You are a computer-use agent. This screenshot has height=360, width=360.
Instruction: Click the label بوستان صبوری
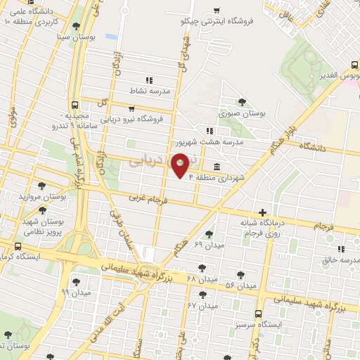(x=242, y=112)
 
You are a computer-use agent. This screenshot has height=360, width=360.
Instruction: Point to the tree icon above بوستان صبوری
(x=243, y=102)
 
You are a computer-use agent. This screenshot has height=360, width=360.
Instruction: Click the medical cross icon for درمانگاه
(x=262, y=212)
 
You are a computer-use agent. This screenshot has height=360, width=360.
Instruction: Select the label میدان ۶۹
(x=208, y=245)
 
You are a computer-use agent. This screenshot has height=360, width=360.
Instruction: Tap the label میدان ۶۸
(x=201, y=278)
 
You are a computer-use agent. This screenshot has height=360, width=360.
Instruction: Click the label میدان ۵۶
(x=240, y=285)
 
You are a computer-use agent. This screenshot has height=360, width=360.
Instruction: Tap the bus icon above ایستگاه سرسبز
(x=258, y=314)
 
